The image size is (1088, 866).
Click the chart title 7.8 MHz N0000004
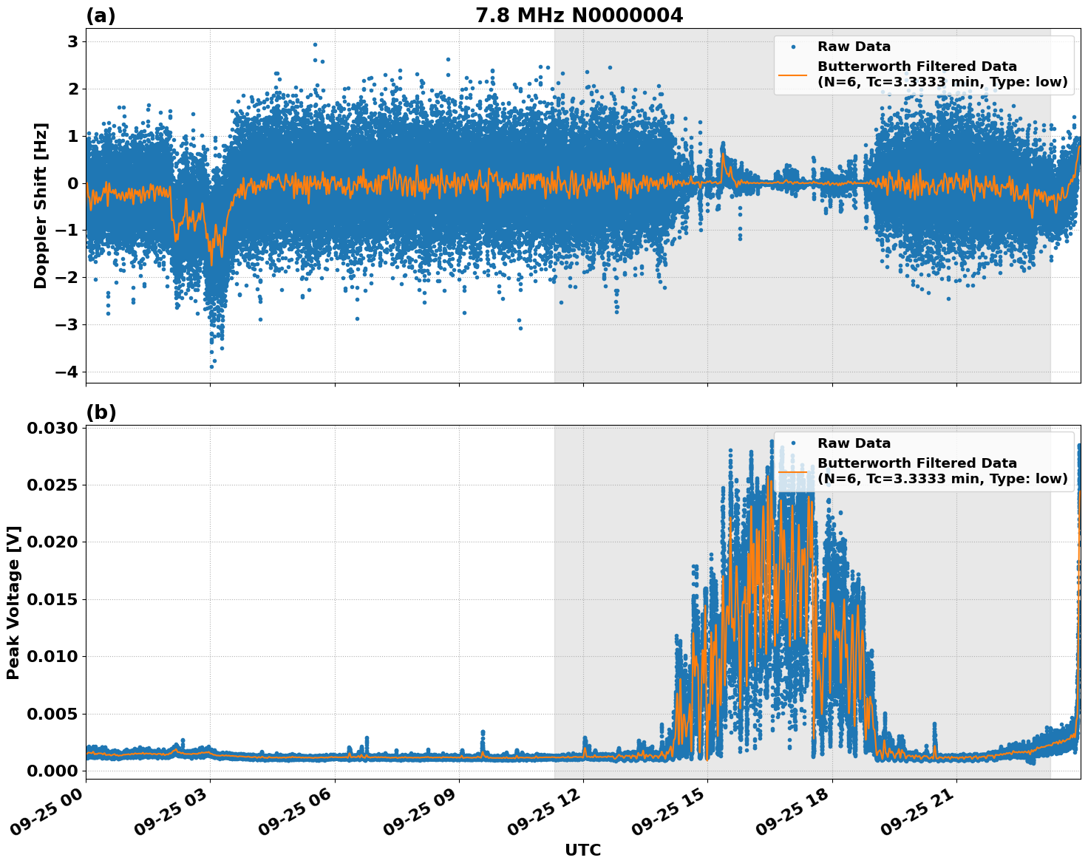point(579,16)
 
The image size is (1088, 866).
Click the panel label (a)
point(101,16)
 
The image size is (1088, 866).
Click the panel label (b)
point(101,412)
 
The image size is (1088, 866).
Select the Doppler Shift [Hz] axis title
point(41,205)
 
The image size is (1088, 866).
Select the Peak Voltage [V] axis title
point(13,602)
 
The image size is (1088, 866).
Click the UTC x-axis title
point(582,850)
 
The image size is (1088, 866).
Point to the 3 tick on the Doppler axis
point(72,42)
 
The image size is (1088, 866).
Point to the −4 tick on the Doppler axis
point(67,372)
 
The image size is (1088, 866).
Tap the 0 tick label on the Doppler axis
point(72,183)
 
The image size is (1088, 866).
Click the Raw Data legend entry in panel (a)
point(854,47)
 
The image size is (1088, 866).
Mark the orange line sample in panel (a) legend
point(793,74)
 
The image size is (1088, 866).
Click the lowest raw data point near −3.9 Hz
point(211,366)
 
